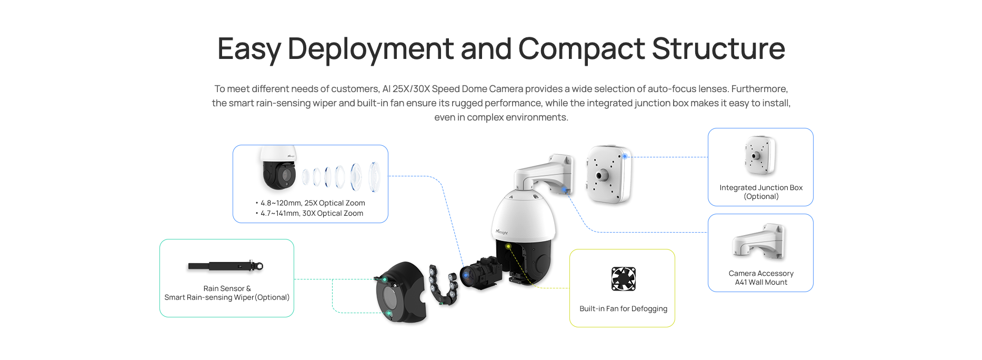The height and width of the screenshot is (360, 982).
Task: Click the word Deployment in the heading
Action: click(370, 49)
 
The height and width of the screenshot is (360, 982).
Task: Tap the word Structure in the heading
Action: click(718, 48)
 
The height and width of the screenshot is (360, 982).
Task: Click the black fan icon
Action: click(623, 279)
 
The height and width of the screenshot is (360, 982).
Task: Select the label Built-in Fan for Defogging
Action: click(623, 308)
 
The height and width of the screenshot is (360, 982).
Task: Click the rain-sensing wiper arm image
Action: click(226, 266)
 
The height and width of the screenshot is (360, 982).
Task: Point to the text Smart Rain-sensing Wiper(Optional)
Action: click(227, 297)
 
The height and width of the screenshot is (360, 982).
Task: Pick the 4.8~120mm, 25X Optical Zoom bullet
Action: click(310, 203)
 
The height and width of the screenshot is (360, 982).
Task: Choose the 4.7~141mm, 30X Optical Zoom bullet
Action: click(309, 213)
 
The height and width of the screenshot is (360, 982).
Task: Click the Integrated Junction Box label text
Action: click(761, 187)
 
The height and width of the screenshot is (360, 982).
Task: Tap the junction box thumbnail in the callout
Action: click(760, 155)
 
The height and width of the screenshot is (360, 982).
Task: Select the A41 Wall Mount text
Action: click(761, 282)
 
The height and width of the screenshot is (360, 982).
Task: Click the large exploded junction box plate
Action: click(609, 174)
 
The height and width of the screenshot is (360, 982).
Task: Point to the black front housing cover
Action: click(400, 292)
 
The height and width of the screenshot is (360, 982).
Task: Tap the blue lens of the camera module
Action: click(466, 275)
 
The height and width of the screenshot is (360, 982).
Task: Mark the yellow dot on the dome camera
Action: click(508, 246)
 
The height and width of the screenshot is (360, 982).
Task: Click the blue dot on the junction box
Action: click(625, 156)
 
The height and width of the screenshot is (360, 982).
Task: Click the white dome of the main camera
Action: click(524, 216)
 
